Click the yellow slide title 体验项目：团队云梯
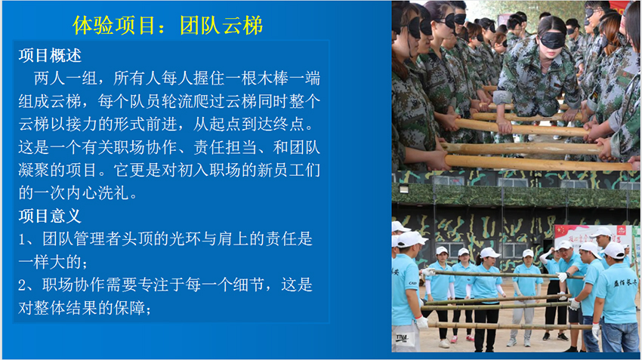168,26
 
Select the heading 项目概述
50,56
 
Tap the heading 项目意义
50,216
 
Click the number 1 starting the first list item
22,239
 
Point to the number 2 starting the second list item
22,285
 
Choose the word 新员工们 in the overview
289,170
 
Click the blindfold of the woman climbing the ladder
552,40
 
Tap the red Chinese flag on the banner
560,231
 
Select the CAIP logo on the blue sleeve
412,283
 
